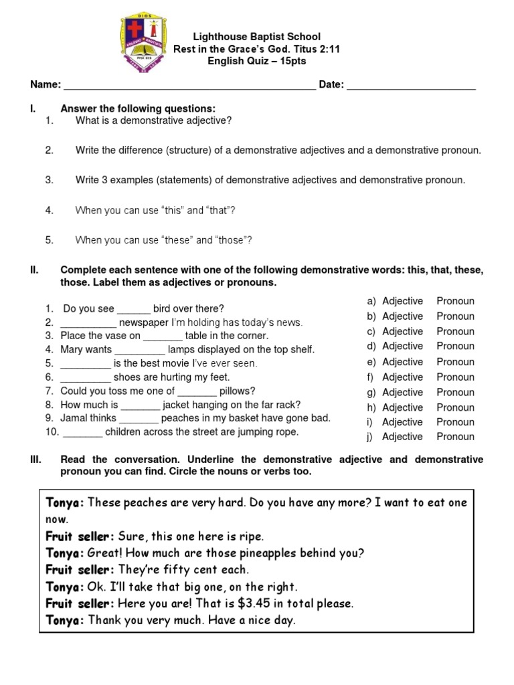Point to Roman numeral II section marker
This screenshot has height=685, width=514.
click(x=35, y=270)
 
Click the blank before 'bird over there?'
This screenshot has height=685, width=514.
click(x=134, y=310)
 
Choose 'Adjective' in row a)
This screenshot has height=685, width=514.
click(x=402, y=301)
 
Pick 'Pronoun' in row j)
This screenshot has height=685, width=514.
click(x=455, y=437)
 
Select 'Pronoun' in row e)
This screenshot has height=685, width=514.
click(x=455, y=362)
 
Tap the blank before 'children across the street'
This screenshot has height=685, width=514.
click(x=82, y=433)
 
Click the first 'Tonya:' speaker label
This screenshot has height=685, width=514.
click(x=65, y=502)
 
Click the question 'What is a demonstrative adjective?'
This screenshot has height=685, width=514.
click(x=153, y=120)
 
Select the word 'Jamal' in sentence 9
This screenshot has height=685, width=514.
click(x=74, y=418)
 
